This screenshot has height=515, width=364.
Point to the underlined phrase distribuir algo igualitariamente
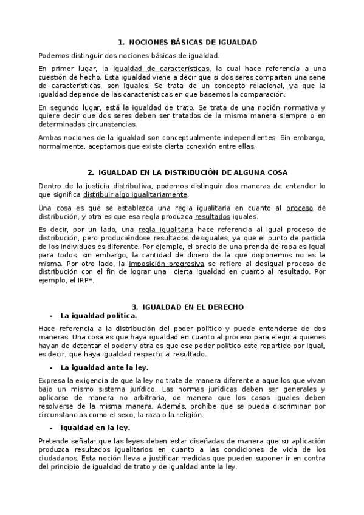[136, 194]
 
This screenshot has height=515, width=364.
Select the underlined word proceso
[299, 208]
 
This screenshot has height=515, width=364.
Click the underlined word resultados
[213, 216]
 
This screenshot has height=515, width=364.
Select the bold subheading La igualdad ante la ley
[105, 367]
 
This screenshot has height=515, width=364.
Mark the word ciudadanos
[58, 459]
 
